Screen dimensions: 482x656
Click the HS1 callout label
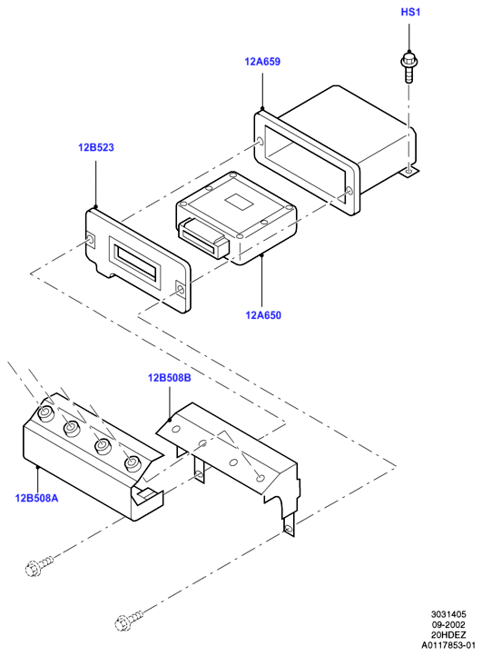pos(410,12)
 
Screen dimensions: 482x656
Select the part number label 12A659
pos(262,62)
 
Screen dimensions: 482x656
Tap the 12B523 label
pos(95,147)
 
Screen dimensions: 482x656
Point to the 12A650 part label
pos(263,315)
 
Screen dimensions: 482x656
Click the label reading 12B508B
pos(170,378)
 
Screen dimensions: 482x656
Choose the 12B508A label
pos(37,498)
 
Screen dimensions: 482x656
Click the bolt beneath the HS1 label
pos(408,67)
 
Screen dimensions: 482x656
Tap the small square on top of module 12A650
pos(240,201)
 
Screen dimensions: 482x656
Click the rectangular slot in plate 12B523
pos(134,262)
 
